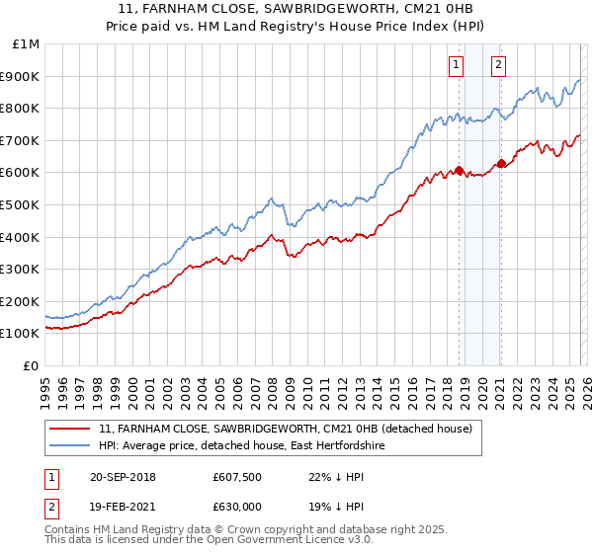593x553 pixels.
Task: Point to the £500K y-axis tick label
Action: tap(22, 204)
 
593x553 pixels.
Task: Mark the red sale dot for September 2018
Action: tap(460, 171)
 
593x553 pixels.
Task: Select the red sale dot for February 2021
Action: tap(501, 163)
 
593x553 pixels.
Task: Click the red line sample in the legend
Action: tap(70, 430)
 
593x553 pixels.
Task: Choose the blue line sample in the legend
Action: tap(70, 446)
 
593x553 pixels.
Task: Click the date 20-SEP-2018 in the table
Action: tap(123, 478)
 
